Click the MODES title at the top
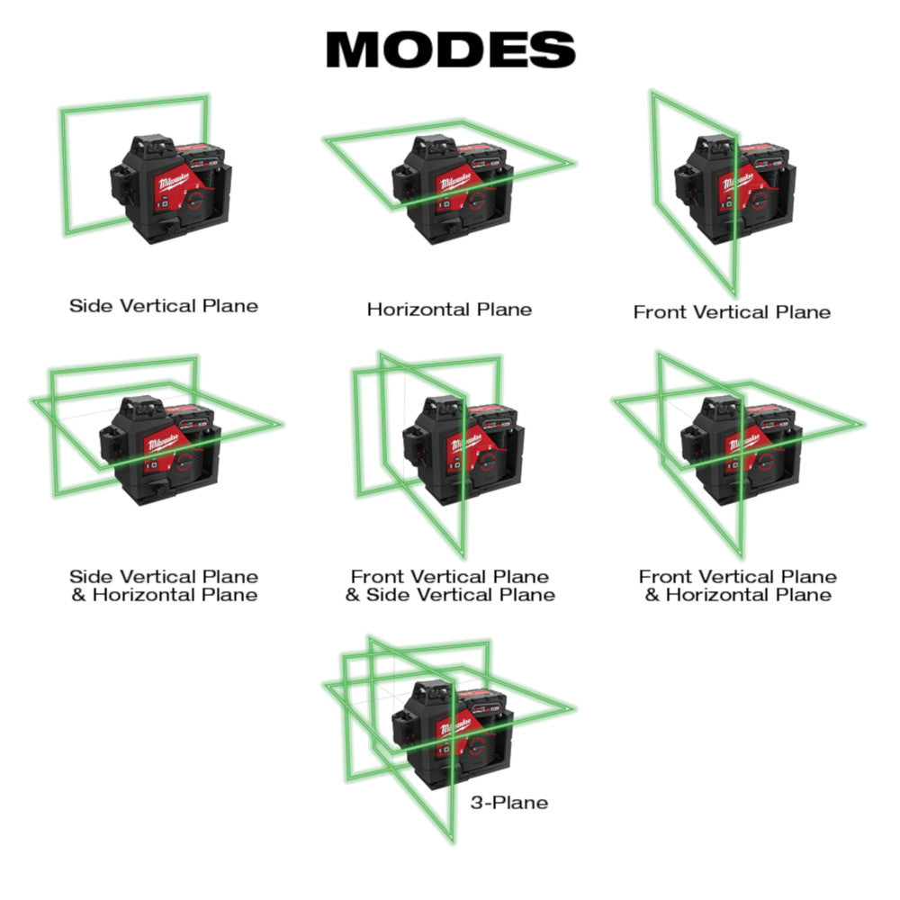(x=450, y=49)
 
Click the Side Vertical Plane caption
(x=164, y=306)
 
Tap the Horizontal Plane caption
(x=449, y=310)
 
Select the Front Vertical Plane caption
(x=732, y=312)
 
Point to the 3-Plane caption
(x=508, y=802)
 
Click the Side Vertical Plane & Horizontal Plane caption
(x=164, y=585)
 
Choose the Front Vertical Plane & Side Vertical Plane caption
(x=450, y=585)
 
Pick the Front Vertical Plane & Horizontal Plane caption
(x=737, y=585)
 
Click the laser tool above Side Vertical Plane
(x=166, y=189)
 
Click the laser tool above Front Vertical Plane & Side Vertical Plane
(x=459, y=450)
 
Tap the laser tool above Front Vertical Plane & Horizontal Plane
(x=738, y=450)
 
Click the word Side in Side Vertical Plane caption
(x=90, y=306)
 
